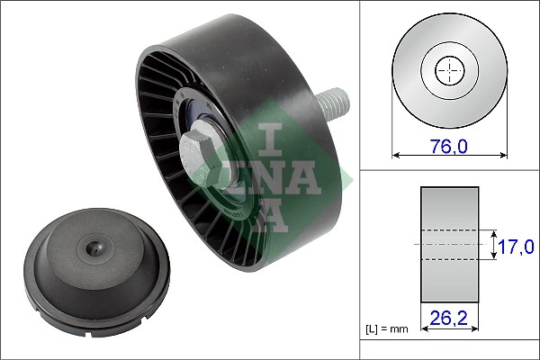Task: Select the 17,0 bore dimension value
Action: (517, 245)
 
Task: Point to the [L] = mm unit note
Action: (387, 329)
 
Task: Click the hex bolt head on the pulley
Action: (201, 148)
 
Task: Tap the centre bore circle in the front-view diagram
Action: (449, 69)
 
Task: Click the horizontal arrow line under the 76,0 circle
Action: (449, 155)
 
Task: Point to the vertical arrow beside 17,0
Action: (494, 244)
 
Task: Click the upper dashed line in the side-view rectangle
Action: (449, 230)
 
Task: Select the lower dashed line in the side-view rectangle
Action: (449, 259)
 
